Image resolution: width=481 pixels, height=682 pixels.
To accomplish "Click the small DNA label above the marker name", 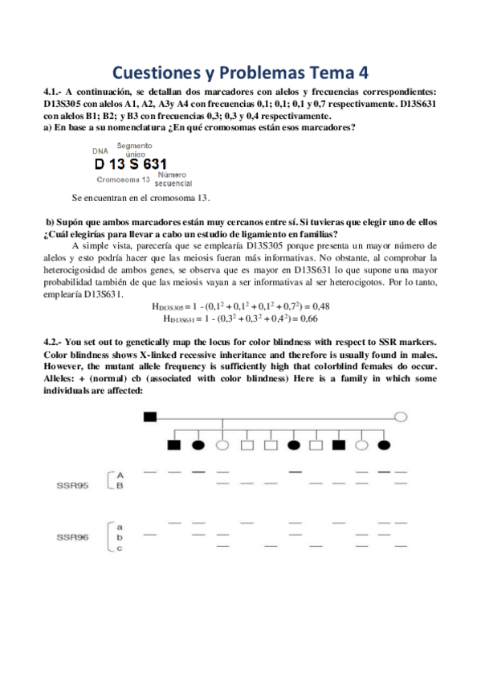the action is point(100,150).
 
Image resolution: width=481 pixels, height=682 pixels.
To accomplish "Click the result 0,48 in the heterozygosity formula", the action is point(320,306).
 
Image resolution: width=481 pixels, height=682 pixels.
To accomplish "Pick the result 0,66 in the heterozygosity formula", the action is point(320,318).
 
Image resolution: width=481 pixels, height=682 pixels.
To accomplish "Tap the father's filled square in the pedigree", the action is point(149,416).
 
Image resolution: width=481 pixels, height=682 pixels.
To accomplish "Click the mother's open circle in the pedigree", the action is point(401,417).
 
